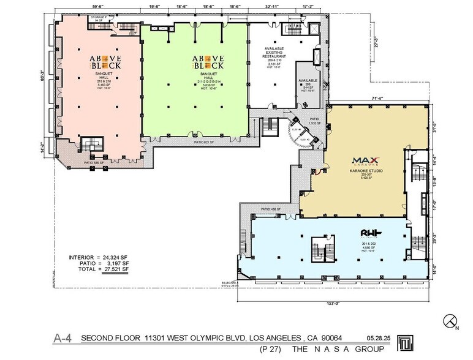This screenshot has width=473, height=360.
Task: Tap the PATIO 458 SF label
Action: tap(270, 209)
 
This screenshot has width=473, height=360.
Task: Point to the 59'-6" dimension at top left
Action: tap(99, 6)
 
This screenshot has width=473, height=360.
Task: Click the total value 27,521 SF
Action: tap(119, 269)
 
